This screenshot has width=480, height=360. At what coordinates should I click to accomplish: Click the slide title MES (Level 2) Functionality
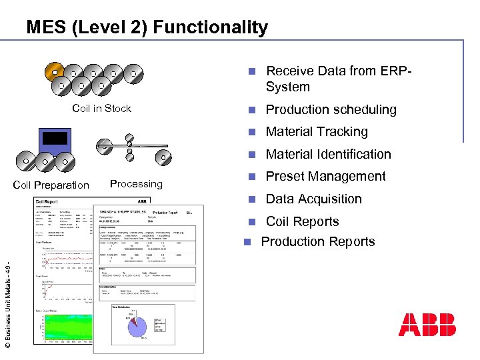pos(147,27)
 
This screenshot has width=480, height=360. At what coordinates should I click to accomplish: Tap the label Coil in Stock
pos(101,109)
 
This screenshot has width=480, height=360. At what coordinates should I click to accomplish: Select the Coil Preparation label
pos(51,185)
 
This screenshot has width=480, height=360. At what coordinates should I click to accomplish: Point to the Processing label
pos(136,184)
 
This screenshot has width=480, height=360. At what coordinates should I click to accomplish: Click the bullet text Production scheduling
pos(331,110)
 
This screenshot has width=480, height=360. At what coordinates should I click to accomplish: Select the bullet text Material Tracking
pos(317,132)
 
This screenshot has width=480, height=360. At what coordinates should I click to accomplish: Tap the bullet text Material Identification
pos(328,155)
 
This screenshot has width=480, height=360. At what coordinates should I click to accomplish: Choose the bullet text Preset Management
pos(325,177)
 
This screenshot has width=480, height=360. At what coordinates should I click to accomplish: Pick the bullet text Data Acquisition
pos(313,199)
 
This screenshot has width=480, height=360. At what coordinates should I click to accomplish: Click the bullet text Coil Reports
pos(302,222)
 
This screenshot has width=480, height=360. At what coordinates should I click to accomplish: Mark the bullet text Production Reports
pos(317,242)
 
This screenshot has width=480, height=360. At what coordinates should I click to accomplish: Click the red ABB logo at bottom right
pos(427,324)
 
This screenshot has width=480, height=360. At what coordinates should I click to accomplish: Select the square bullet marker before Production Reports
pos(247,242)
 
